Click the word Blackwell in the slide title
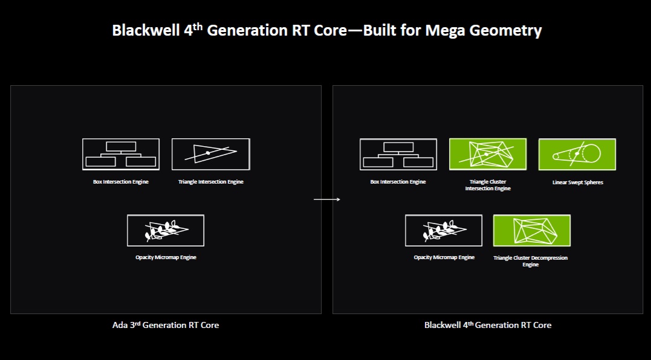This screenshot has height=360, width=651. click(x=138, y=31)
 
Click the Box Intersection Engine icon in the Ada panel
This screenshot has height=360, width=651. click(x=121, y=155)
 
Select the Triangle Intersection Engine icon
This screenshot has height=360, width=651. click(x=210, y=154)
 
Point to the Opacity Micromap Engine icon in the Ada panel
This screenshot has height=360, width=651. click(x=166, y=230)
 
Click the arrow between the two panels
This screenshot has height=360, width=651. click(x=327, y=199)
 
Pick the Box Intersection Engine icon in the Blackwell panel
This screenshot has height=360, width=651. click(x=398, y=155)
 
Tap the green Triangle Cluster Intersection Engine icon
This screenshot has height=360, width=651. click(x=488, y=154)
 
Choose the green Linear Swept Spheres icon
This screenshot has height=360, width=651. click(x=577, y=154)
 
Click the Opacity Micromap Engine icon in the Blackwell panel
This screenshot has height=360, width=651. click(x=444, y=230)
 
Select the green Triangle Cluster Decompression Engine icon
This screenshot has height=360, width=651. click(x=532, y=230)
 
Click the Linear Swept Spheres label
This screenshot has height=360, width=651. click(x=577, y=182)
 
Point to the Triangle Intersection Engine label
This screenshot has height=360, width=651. click(x=210, y=182)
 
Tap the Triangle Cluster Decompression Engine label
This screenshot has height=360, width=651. click(x=531, y=261)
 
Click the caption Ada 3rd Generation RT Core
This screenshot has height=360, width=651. click(x=166, y=325)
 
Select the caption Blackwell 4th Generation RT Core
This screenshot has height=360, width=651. click(x=488, y=325)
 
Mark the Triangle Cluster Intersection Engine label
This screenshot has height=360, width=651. click(x=488, y=185)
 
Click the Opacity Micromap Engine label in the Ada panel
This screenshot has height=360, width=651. click(x=166, y=257)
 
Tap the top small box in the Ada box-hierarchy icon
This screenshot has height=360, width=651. click(x=121, y=146)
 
